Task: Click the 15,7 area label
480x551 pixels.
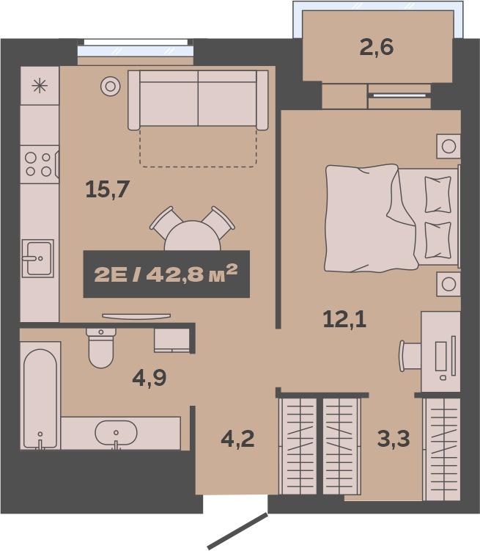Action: pyautogui.click(x=108, y=190)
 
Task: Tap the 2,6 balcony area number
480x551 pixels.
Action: pyautogui.click(x=377, y=48)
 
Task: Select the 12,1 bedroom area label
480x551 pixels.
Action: pyautogui.click(x=344, y=320)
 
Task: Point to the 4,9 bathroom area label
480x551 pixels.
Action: pyautogui.click(x=149, y=378)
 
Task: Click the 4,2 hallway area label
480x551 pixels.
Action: pyautogui.click(x=238, y=439)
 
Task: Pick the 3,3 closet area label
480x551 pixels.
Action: pyautogui.click(x=394, y=439)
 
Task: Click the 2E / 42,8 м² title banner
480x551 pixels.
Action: pyautogui.click(x=166, y=274)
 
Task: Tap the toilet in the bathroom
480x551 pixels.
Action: pyautogui.click(x=101, y=348)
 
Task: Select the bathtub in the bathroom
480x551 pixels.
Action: pyautogui.click(x=40, y=395)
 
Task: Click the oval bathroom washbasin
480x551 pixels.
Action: pyautogui.click(x=116, y=433)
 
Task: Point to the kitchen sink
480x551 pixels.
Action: pyautogui.click(x=38, y=258)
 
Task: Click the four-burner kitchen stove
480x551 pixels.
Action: pyautogui.click(x=40, y=164)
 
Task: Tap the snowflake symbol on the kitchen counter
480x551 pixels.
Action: pyautogui.click(x=40, y=86)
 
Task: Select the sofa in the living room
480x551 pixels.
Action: pyautogui.click(x=198, y=101)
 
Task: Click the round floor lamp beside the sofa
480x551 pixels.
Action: pyautogui.click(x=111, y=86)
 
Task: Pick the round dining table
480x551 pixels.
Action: pyautogui.click(x=192, y=236)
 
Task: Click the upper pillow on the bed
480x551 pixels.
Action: pyautogui.click(x=437, y=194)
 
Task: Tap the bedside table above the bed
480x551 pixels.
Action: pyautogui.click(x=448, y=146)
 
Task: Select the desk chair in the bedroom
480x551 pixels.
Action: pyautogui.click(x=410, y=356)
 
